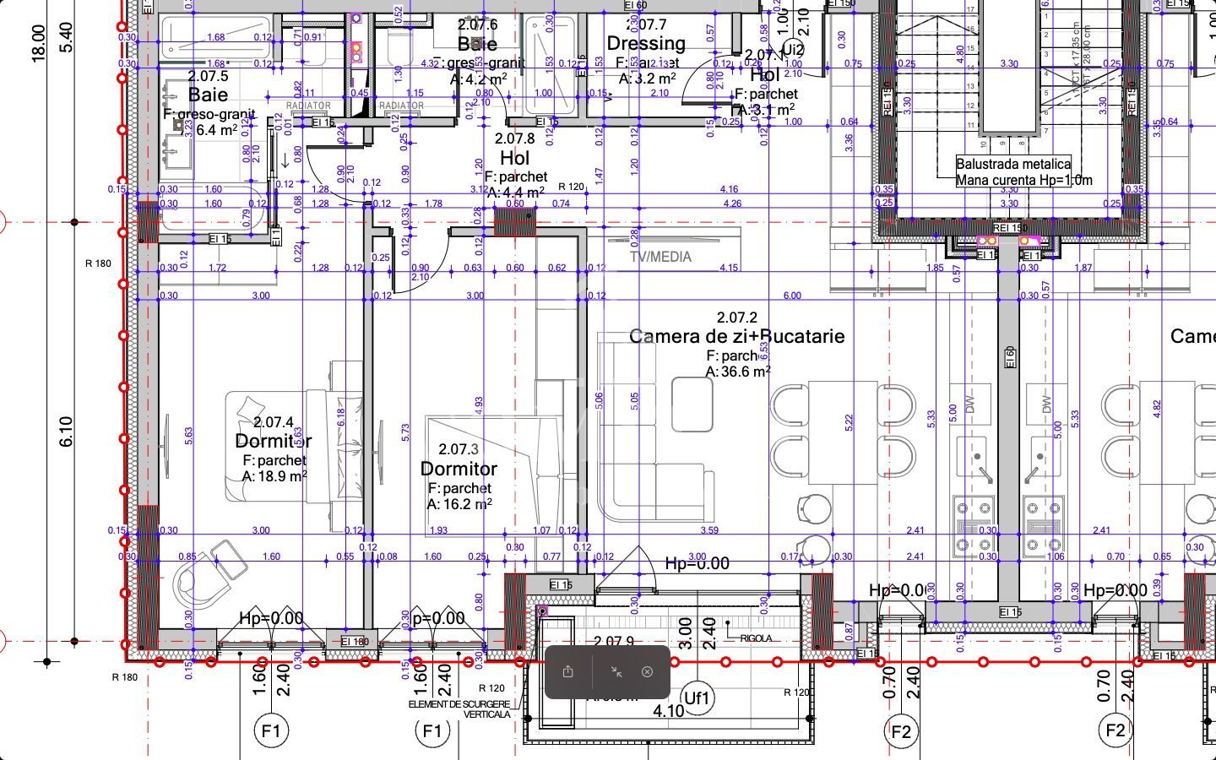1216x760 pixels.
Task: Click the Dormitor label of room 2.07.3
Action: click(459, 469)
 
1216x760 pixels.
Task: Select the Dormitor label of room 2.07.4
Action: click(273, 441)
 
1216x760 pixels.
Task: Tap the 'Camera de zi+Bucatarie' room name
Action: click(736, 336)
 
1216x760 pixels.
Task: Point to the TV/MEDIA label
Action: click(660, 257)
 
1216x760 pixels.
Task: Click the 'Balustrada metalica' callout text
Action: click(1013, 165)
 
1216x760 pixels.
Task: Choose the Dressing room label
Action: click(646, 43)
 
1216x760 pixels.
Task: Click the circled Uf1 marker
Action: click(698, 698)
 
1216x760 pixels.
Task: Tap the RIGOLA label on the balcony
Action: click(756, 638)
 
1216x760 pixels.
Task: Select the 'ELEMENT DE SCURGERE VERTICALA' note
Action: click(459, 708)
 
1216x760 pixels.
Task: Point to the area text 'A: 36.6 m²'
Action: click(738, 372)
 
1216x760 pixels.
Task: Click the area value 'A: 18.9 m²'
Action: click(274, 476)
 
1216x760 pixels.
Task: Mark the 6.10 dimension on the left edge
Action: click(67, 432)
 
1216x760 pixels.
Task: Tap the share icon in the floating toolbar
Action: click(568, 672)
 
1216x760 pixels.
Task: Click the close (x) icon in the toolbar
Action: click(647, 672)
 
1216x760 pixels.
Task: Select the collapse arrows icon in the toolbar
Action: click(616, 672)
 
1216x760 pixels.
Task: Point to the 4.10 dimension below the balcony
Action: click(669, 711)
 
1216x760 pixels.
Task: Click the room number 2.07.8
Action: click(514, 138)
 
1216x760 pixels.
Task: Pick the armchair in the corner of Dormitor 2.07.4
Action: click(204, 574)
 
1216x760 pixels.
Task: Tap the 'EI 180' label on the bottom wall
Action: click(355, 642)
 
